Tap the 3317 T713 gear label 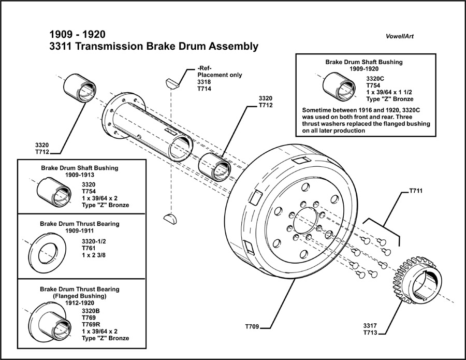point(370,329)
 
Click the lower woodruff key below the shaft point(169,218)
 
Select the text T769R point(93,324)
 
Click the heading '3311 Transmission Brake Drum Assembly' point(153,46)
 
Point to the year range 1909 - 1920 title point(77,34)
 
